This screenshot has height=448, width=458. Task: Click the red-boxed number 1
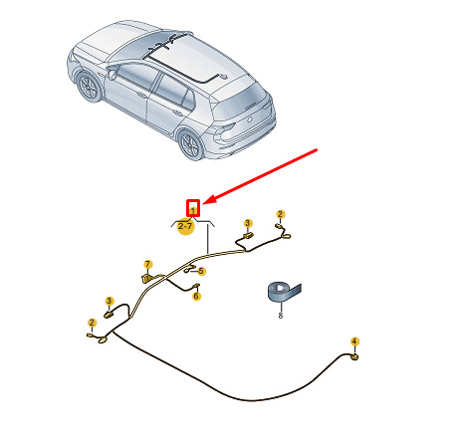(x=193, y=210)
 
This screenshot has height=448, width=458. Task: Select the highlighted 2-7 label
(x=185, y=226)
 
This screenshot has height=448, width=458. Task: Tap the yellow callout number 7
(x=147, y=265)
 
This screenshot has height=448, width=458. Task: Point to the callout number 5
(x=201, y=271)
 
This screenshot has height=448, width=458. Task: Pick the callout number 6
(x=196, y=296)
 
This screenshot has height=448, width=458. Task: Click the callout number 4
(x=354, y=341)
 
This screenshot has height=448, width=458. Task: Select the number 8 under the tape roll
(x=281, y=315)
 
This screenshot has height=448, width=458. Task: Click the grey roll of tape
(x=283, y=292)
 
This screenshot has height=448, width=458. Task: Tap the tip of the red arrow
(x=203, y=204)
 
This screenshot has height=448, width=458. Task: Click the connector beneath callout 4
(x=354, y=357)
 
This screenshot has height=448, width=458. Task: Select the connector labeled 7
(x=146, y=278)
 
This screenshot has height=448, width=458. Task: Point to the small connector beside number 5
(x=187, y=271)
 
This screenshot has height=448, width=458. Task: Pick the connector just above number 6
(x=196, y=286)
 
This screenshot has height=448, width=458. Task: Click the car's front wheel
(x=88, y=87)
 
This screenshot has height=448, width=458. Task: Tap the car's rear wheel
(x=191, y=145)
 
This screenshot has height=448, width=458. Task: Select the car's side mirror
(x=113, y=74)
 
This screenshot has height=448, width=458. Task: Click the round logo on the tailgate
(x=250, y=119)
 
